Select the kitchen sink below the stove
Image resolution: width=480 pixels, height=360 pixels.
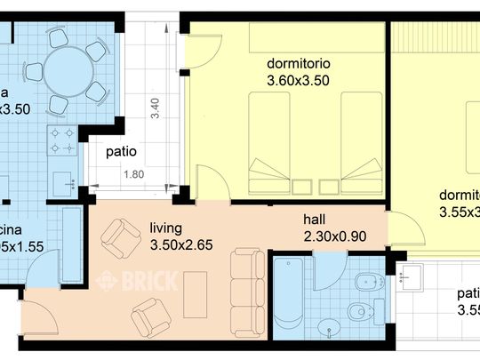click(x=63, y=180)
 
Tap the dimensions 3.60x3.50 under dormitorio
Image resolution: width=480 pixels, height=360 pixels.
click(x=297, y=80)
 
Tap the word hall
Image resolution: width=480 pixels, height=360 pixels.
click(x=316, y=219)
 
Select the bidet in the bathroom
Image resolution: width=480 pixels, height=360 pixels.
click(x=363, y=284)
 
